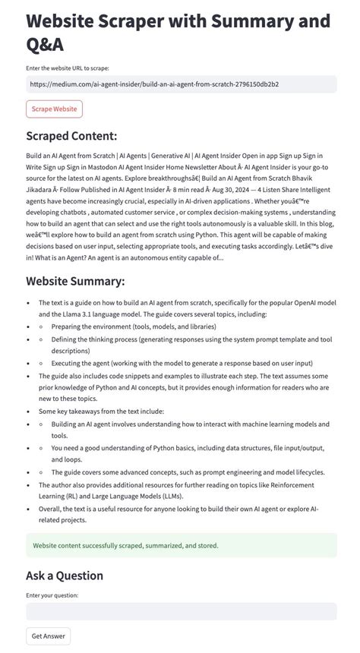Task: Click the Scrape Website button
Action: click(x=54, y=109)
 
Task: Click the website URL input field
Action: click(x=181, y=84)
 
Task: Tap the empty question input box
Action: click(x=181, y=611)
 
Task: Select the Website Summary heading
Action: click(x=75, y=281)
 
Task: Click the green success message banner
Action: click(x=181, y=545)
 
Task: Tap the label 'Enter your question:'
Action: click(x=52, y=595)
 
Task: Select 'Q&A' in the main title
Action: click(x=45, y=45)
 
